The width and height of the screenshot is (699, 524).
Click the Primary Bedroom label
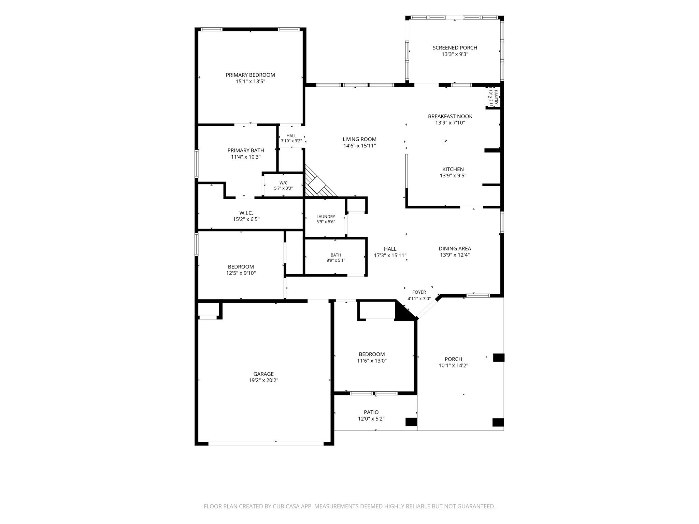coord(250,75)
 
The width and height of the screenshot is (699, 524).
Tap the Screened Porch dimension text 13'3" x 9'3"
coord(455,54)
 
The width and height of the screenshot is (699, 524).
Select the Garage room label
coord(263,374)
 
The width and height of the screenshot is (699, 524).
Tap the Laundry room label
coord(326,217)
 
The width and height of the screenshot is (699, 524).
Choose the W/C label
coord(283,183)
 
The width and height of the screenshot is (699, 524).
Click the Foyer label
coord(419,292)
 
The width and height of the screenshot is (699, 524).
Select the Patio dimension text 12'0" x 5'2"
coord(371,419)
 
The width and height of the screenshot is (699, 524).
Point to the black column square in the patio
coord(411,422)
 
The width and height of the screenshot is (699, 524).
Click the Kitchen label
coord(453,169)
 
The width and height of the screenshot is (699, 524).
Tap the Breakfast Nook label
coord(450,116)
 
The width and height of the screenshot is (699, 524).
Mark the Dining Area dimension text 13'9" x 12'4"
coord(455,255)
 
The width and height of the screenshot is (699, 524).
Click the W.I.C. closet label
coord(246,213)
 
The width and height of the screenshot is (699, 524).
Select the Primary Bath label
coord(246,150)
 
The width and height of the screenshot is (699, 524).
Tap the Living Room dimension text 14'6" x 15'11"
coord(359,146)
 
